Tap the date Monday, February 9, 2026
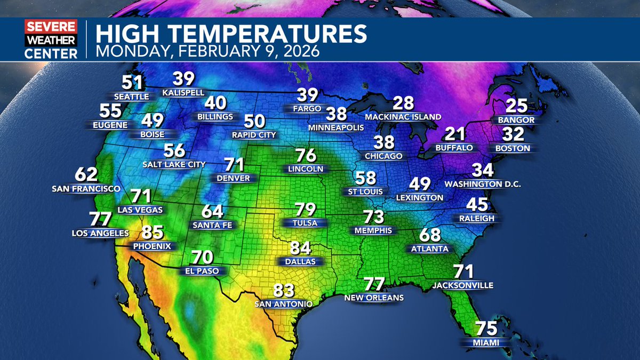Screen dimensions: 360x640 207,52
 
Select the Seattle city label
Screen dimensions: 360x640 132,97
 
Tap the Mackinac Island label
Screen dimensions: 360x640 403,117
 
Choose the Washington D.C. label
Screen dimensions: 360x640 482,185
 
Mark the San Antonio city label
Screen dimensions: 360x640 283,304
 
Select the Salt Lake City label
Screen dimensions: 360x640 174,164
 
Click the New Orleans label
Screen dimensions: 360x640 374,298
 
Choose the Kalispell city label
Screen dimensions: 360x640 183,92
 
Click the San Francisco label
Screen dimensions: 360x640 86,189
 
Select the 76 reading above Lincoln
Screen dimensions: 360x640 306,156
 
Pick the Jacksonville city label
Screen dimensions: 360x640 463,285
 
